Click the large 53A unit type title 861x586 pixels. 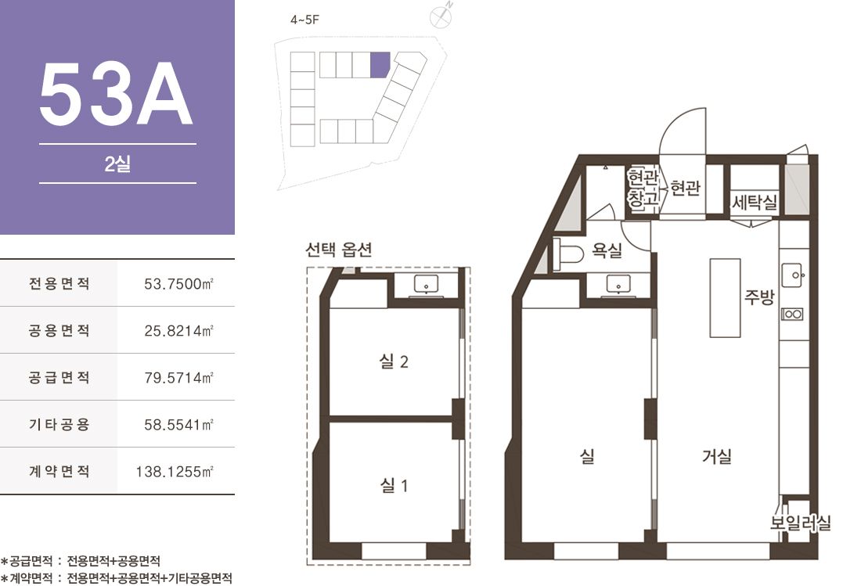click(116, 93)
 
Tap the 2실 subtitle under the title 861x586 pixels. click(117, 164)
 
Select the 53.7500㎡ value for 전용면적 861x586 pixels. click(178, 284)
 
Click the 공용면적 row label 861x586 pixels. click(59, 330)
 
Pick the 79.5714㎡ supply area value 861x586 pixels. click(178, 378)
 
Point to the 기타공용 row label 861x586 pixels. click(59, 424)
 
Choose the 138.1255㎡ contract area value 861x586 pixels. click(174, 471)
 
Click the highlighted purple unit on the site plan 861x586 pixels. click(380, 64)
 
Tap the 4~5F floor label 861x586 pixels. click(304, 20)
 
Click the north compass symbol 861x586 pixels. click(441, 16)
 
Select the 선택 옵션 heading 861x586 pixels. click(339, 250)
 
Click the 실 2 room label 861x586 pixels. click(394, 361)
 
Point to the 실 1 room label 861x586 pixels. click(394, 485)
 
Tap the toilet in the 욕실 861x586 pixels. click(568, 254)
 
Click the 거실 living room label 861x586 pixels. click(716, 455)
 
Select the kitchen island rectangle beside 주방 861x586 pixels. click(725, 298)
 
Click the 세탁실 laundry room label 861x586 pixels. click(755, 203)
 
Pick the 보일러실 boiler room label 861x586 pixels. click(800, 523)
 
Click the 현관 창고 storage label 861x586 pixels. click(643, 189)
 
